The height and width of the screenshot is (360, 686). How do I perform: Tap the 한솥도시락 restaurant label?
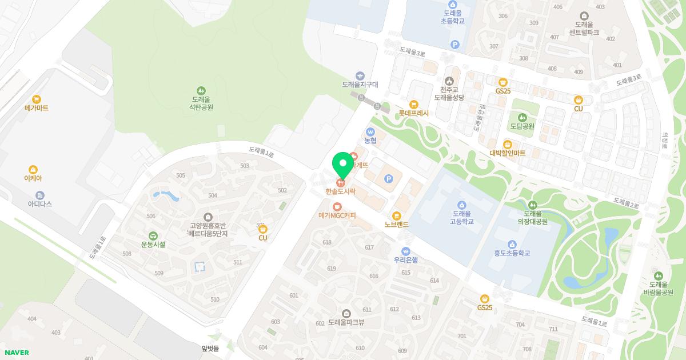(x=341, y=191)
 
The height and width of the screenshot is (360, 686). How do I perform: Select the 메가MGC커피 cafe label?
(x=337, y=215)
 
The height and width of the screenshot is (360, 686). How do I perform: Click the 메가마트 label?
(x=37, y=108)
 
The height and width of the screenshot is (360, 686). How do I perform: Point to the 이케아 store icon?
(x=33, y=169)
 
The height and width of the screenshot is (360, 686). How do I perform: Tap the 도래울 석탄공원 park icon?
(x=201, y=90)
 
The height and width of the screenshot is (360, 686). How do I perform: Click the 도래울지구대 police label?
(x=360, y=85)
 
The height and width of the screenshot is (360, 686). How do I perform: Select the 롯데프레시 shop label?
(x=414, y=113)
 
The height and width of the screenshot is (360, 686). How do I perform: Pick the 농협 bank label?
(x=370, y=140)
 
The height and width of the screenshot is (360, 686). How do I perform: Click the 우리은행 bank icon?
(x=406, y=251)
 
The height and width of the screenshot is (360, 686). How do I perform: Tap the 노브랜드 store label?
(x=397, y=225)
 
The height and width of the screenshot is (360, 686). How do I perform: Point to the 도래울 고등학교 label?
(x=462, y=217)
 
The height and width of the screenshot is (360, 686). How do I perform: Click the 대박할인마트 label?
(x=507, y=153)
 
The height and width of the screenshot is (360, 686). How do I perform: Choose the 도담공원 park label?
(x=522, y=126)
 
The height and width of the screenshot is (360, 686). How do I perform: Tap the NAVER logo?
(x=16, y=353)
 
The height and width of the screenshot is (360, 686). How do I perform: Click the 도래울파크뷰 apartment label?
(x=346, y=322)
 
